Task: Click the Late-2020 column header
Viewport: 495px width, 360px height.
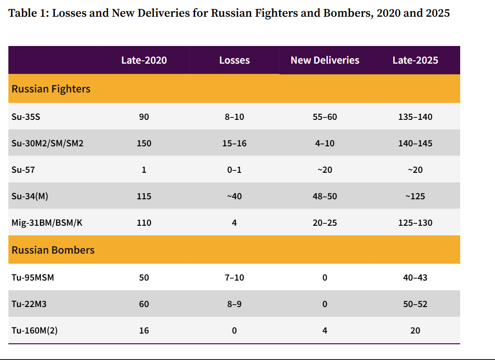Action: pos(144,60)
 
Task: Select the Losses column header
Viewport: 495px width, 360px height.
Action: pos(234,60)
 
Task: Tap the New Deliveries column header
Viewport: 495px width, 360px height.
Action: pos(325,60)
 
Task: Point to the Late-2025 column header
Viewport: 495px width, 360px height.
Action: pos(415,60)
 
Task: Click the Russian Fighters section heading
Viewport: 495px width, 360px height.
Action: pos(51,89)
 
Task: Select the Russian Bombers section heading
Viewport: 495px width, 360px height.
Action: pos(53,250)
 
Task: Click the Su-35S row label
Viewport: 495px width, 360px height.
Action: pos(26,117)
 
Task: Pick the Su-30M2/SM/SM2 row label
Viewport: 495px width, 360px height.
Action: pos(47,143)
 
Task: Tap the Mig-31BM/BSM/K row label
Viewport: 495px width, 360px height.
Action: pos(47,223)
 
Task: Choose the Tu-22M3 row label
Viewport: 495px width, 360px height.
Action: pos(29,304)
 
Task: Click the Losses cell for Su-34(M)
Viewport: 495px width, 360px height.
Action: pos(234,196)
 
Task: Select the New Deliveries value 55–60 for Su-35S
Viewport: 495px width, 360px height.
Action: pos(325,117)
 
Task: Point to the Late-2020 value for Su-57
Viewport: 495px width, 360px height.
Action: pos(144,170)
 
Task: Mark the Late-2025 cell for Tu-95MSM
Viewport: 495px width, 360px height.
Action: pos(415,278)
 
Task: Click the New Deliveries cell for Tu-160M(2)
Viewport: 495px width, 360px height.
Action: pos(325,331)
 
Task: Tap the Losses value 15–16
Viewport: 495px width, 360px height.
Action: pos(234,143)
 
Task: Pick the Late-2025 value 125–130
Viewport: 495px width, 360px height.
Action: pos(415,223)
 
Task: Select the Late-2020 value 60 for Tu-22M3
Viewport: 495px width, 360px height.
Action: pos(144,304)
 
